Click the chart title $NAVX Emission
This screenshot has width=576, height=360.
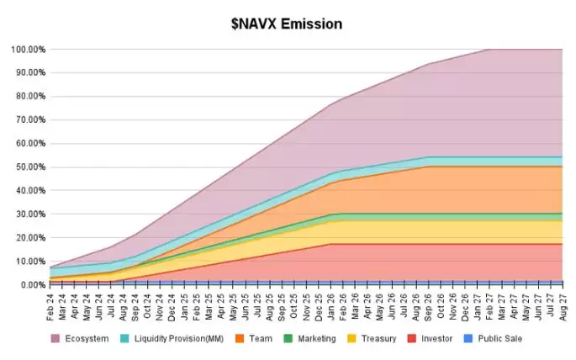click(x=287, y=24)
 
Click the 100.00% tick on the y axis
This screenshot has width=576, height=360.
click(x=27, y=49)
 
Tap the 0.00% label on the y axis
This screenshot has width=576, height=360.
click(x=31, y=284)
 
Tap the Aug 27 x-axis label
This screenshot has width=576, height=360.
click(x=561, y=300)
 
